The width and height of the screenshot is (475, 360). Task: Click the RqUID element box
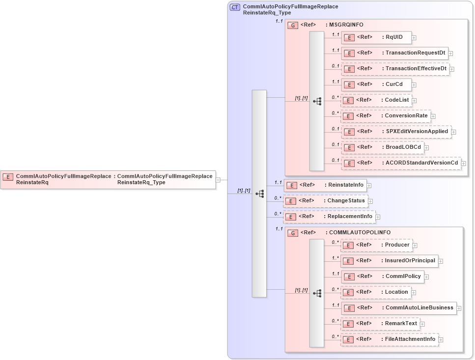click(x=376, y=37)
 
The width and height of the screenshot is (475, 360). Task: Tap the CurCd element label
click(x=394, y=84)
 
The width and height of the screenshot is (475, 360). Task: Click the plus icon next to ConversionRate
click(x=433, y=116)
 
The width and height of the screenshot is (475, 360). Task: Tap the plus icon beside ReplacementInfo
click(x=378, y=217)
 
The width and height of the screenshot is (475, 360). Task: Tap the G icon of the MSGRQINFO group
click(x=293, y=25)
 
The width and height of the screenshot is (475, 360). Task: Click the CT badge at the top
click(x=235, y=7)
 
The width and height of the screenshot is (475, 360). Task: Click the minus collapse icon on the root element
click(x=218, y=180)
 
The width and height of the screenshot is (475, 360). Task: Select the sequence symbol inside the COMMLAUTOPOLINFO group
click(x=317, y=293)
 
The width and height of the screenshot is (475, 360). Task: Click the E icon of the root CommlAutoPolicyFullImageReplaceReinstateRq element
click(x=8, y=177)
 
